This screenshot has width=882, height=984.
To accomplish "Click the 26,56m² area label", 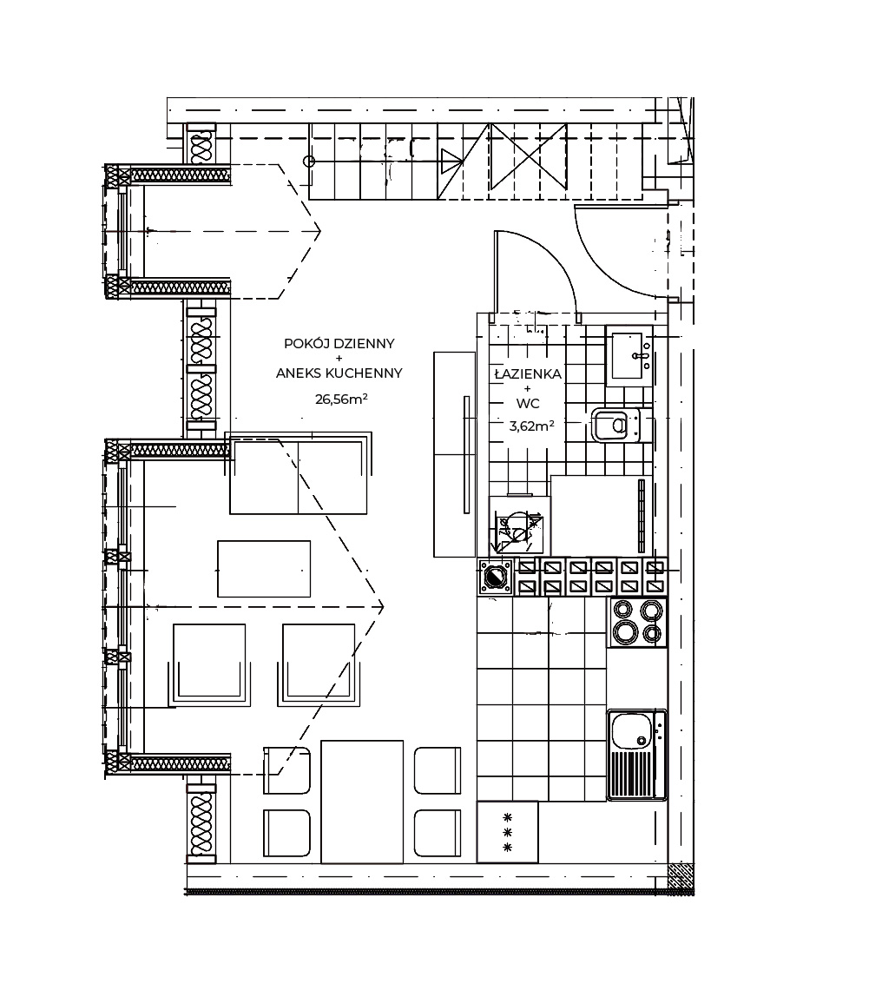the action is click(x=340, y=399).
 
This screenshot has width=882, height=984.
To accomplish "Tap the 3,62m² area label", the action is click(x=531, y=426).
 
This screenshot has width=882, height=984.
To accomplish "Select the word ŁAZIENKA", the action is click(x=528, y=374).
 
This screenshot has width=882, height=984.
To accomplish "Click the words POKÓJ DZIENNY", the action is click(x=339, y=343).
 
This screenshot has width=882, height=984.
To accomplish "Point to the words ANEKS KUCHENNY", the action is click(x=339, y=373).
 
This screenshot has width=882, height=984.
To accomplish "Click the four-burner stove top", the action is click(x=637, y=621).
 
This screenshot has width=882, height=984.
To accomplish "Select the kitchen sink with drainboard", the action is click(x=636, y=755).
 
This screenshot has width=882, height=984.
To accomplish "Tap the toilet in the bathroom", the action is click(x=615, y=426).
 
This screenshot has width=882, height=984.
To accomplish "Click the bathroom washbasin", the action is click(x=629, y=356).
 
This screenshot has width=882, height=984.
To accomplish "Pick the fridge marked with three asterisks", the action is click(x=508, y=832).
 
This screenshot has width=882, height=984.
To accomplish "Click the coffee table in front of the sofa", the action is click(x=264, y=569).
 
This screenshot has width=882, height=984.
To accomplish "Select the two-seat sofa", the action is click(x=299, y=473).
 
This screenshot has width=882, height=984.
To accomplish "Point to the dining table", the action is click(x=362, y=802).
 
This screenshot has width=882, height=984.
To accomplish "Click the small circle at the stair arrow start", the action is click(x=309, y=162).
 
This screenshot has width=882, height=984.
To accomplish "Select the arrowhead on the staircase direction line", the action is click(x=452, y=162).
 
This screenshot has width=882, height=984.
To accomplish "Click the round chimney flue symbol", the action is click(x=496, y=577).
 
